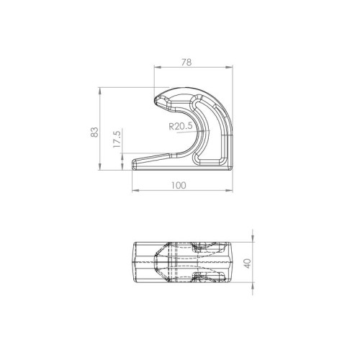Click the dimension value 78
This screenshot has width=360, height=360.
pyautogui.click(x=186, y=63)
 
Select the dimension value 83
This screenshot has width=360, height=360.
pyautogui.click(x=95, y=132)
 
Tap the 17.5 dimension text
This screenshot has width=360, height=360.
pyautogui.click(x=117, y=139)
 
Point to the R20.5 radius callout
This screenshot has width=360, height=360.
pyautogui.click(x=181, y=126)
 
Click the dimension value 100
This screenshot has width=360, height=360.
pyautogui.click(x=179, y=185)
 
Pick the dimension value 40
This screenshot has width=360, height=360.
pyautogui.click(x=248, y=264)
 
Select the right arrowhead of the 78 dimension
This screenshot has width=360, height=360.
pyautogui.click(x=229, y=68)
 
